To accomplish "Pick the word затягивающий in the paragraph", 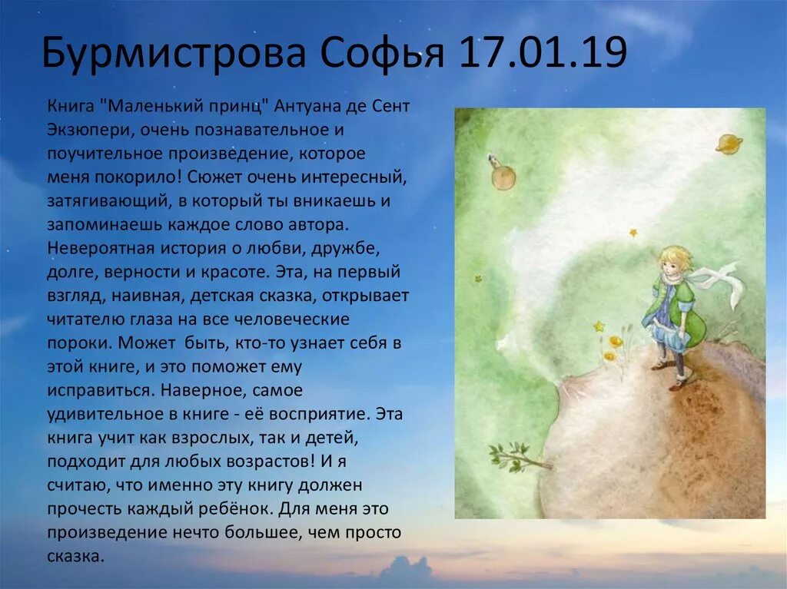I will click(105, 201).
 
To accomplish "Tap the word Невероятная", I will click(99, 248).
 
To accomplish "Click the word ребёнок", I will click(237, 509).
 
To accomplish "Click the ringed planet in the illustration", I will click(729, 143).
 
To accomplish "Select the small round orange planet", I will click(503, 178).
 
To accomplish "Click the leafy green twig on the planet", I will click(513, 457).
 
